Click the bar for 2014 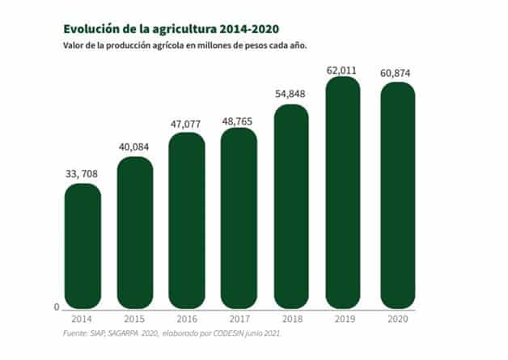click(x=83, y=247)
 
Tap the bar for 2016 click(x=187, y=221)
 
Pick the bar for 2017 click(x=239, y=218)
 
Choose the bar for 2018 click(x=291, y=207)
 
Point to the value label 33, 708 click(x=83, y=172)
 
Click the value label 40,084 click(x=135, y=146)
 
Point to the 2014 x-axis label click(x=83, y=319)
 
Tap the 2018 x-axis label click(x=291, y=319)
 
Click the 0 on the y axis click(x=57, y=307)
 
